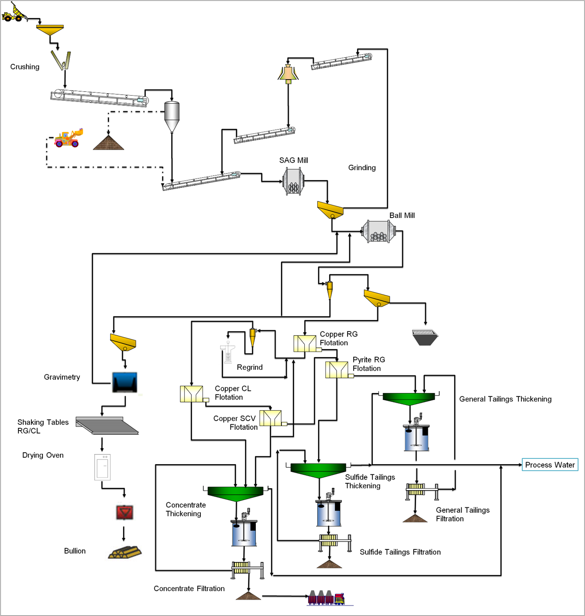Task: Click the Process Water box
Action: click(x=550, y=465)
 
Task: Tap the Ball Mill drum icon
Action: click(x=379, y=232)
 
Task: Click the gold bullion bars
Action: click(x=125, y=552)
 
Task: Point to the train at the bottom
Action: click(x=327, y=598)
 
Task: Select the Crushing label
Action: click(x=25, y=67)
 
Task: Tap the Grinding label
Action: click(x=362, y=168)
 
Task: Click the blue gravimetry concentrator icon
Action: click(x=125, y=382)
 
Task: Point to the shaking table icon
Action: click(x=107, y=425)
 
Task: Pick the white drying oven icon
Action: click(x=102, y=467)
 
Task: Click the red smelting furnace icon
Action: click(x=124, y=512)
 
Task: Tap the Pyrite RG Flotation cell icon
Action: click(x=337, y=370)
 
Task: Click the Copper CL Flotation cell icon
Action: click(x=192, y=394)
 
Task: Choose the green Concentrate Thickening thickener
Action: click(x=235, y=493)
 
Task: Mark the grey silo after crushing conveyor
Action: click(x=172, y=116)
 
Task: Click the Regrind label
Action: click(x=250, y=367)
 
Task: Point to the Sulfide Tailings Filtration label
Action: click(x=400, y=552)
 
